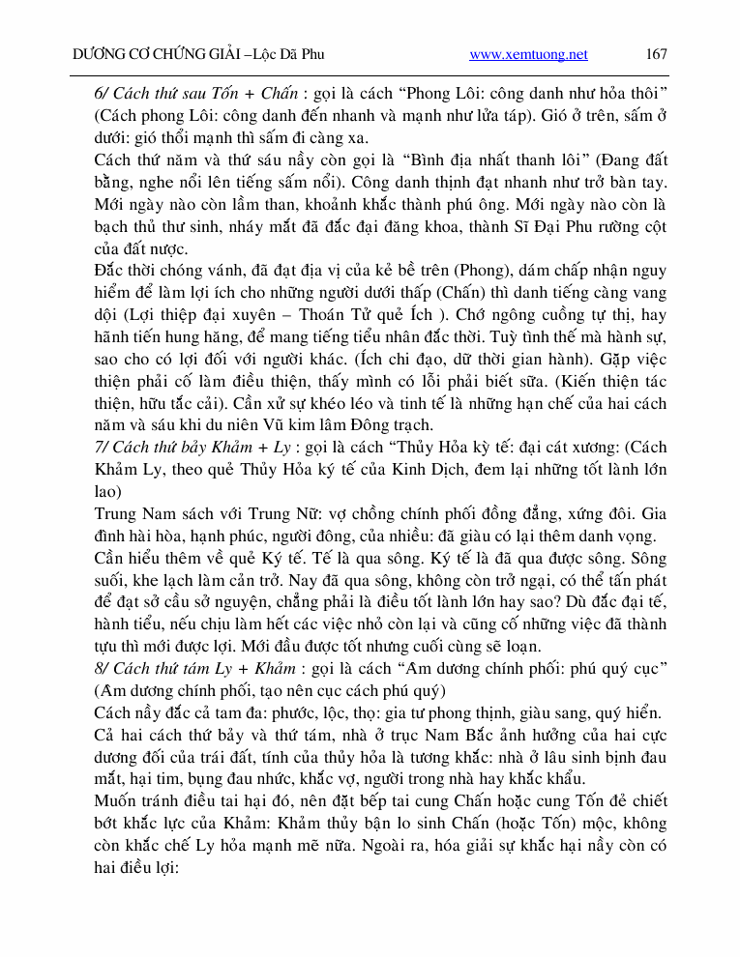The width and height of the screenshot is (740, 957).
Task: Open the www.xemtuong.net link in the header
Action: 528,55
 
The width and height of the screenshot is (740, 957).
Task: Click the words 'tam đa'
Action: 234,713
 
